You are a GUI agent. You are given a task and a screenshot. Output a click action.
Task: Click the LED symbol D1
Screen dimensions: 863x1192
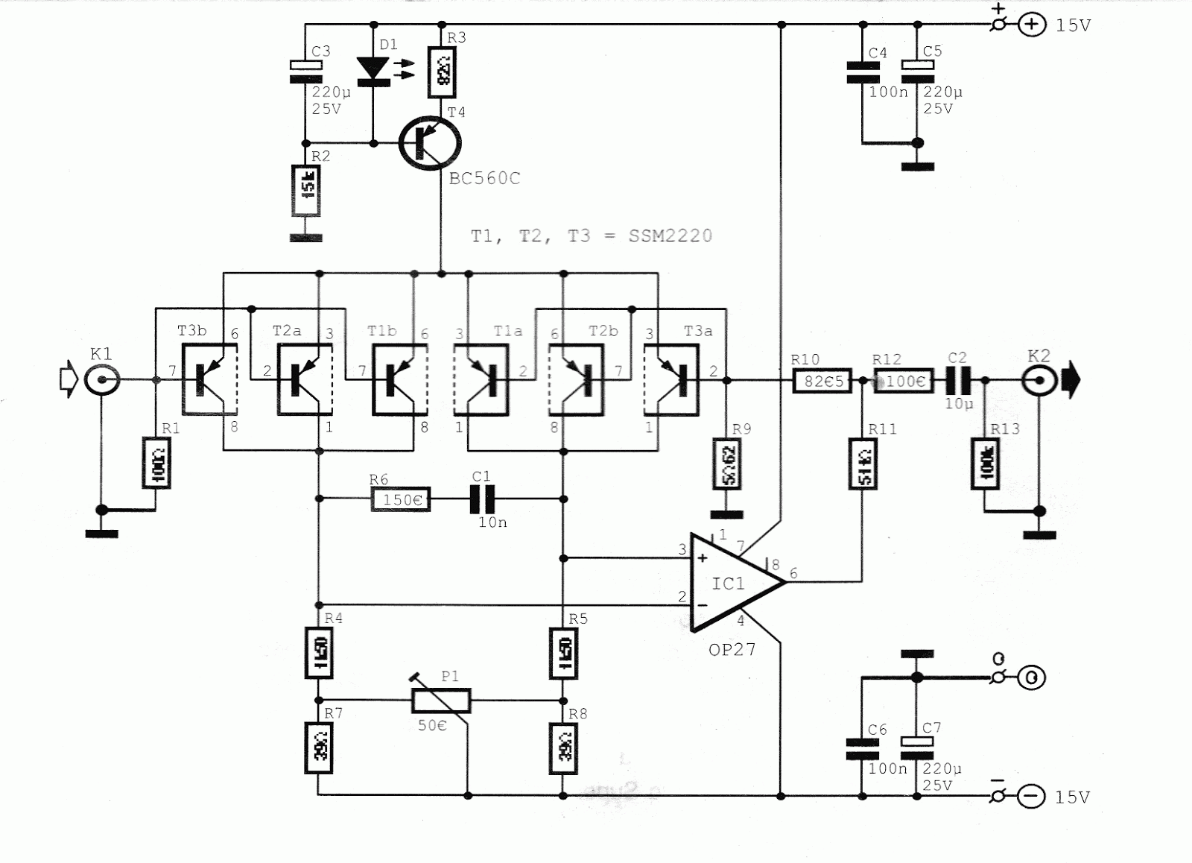(x=373, y=69)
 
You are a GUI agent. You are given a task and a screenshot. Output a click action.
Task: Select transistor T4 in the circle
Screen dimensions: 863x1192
(x=429, y=142)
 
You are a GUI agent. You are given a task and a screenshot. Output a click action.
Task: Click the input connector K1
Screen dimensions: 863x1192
(x=101, y=381)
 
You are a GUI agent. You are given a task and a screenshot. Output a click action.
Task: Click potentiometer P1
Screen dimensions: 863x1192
(x=441, y=701)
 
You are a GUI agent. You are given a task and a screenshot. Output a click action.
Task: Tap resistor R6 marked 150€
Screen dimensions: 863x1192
(x=401, y=499)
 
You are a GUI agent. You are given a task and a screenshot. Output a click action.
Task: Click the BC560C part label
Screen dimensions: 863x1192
(x=484, y=179)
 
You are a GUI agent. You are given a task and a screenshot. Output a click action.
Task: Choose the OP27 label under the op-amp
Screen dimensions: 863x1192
(x=732, y=650)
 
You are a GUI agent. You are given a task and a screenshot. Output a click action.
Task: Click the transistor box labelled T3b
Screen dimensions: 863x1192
(x=210, y=379)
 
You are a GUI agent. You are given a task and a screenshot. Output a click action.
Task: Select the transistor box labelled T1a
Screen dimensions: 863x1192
(x=482, y=379)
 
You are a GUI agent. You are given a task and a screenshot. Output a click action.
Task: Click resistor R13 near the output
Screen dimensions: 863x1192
(x=985, y=463)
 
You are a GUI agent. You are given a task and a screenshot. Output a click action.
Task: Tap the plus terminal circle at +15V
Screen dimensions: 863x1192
(x=1031, y=25)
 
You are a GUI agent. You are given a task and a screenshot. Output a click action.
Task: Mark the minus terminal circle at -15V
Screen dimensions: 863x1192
(x=1031, y=797)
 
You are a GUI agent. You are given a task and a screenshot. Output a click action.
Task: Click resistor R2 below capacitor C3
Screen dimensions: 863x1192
(x=305, y=190)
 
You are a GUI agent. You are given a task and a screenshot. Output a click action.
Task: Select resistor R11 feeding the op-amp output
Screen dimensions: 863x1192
(x=863, y=464)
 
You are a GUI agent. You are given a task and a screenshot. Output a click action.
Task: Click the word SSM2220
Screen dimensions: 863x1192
(x=670, y=236)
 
